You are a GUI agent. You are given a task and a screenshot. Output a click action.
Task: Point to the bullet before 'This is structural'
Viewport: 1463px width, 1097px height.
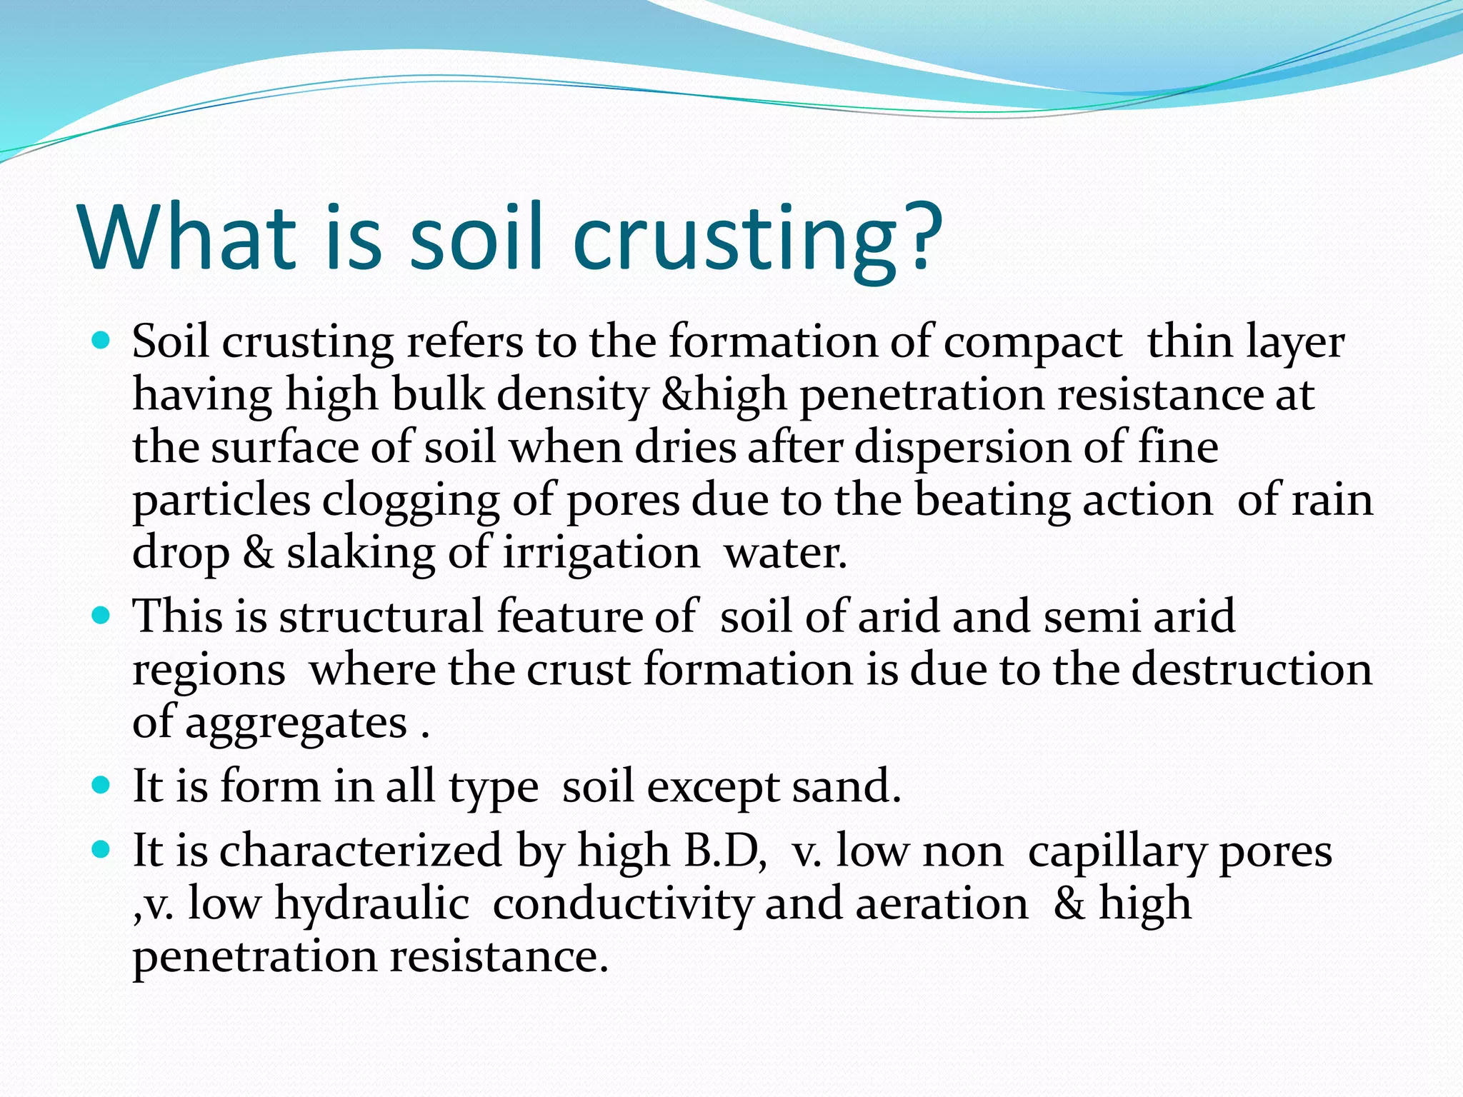coord(102,614)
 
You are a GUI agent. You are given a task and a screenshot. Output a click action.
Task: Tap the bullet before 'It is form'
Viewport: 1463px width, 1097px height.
coord(102,785)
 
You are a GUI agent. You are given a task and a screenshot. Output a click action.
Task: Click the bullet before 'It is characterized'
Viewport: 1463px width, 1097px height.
coord(102,849)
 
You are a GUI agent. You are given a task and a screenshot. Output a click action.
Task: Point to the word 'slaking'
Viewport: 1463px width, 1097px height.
coord(361,553)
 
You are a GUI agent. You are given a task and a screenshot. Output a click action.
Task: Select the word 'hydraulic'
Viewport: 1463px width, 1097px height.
coord(371,904)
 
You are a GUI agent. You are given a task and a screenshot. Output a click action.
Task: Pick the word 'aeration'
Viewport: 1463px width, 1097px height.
coord(942,904)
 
